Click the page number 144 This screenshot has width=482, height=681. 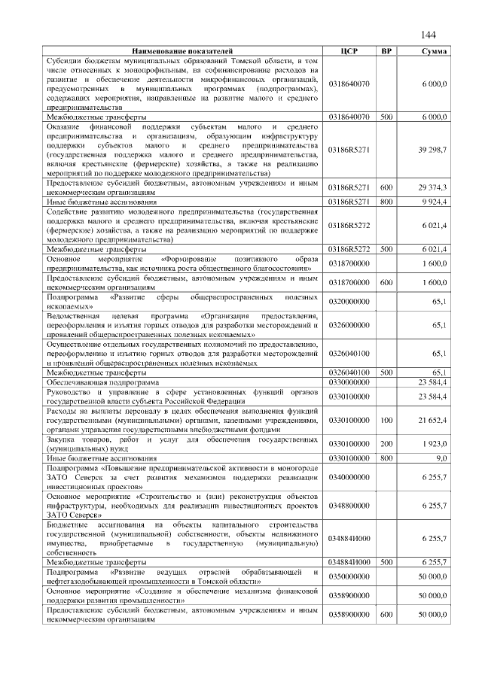coord(429,35)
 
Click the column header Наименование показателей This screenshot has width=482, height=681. coord(185,51)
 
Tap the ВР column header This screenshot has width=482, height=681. coord(386,51)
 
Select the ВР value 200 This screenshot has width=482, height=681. coord(386,442)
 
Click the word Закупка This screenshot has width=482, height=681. coord(63,438)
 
